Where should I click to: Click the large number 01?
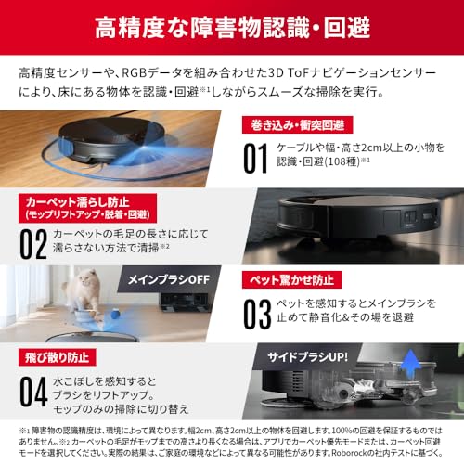[x=256, y=158]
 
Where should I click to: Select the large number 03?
[x=257, y=313]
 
